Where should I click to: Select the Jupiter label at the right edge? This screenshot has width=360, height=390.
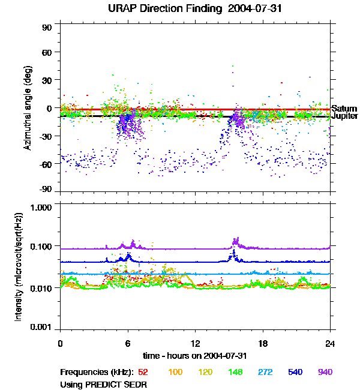344,116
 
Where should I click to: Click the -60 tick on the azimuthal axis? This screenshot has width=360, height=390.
47,163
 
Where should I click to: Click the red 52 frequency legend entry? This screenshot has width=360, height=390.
144,372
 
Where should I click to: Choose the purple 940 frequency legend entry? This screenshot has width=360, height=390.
325,372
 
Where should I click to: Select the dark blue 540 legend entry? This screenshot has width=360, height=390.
295,372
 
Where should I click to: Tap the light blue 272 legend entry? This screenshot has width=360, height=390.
265,372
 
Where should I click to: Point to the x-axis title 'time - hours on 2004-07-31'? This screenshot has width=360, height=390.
195,355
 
